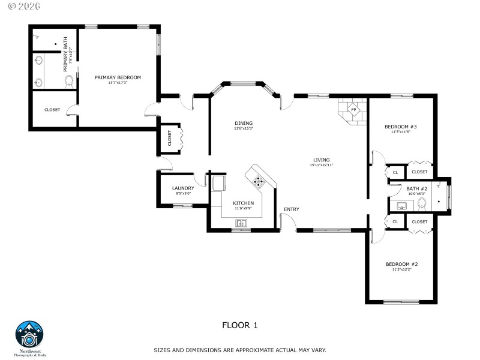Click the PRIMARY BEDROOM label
click(x=118, y=77)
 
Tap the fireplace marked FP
click(x=353, y=110)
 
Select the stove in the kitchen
click(x=259, y=180)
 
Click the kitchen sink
click(x=241, y=223)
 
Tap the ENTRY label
click(x=292, y=209)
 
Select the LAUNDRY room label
click(x=183, y=188)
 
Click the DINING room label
click(x=244, y=124)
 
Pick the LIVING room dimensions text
click(x=322, y=165)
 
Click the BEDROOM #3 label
click(x=400, y=127)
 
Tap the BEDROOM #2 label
click(x=401, y=264)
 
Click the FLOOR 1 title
click(x=239, y=325)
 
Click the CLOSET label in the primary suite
click(x=52, y=110)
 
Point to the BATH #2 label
click(x=416, y=188)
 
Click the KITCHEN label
click(x=243, y=203)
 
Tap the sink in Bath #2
click(x=401, y=206)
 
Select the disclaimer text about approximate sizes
click(x=240, y=350)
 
